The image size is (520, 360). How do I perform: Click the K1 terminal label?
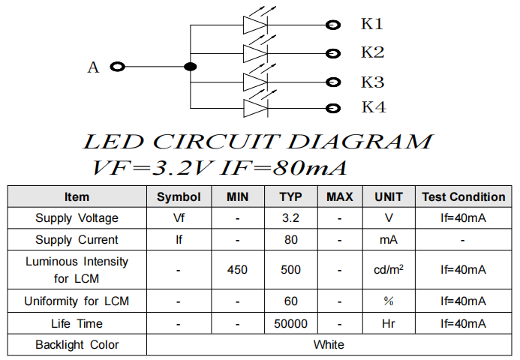372,24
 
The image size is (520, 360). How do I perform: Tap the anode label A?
93,67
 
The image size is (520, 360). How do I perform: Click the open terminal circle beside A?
117,67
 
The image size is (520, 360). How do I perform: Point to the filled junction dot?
191,67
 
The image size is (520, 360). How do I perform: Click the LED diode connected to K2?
255,53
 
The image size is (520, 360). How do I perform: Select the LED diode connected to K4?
255,108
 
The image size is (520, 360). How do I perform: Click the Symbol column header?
179,197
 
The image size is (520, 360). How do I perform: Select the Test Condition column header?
463,197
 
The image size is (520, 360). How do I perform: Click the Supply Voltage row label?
77,218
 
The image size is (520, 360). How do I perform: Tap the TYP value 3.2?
290,218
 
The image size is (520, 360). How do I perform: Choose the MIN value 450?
237,269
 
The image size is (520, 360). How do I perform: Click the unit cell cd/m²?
388,269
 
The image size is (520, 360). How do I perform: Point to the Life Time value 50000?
290,323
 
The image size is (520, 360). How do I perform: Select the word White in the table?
329,344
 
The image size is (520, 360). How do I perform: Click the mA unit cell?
388,240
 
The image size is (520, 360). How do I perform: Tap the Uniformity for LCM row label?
77,301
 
